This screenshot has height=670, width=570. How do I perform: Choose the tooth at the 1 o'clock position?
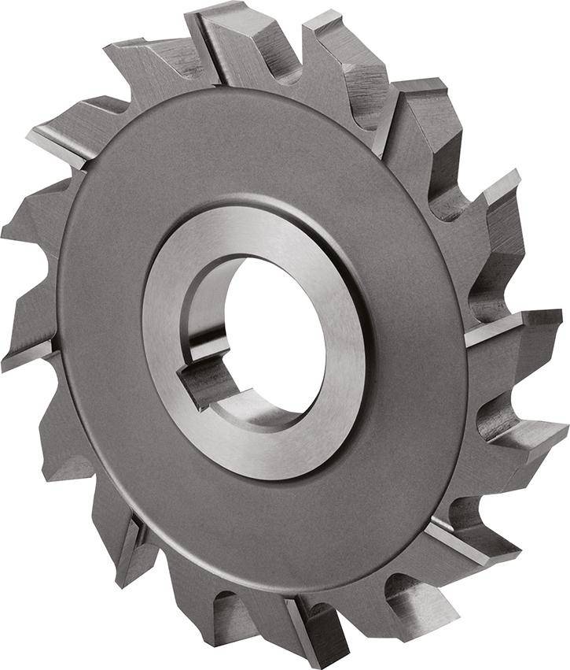[x=346, y=47]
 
